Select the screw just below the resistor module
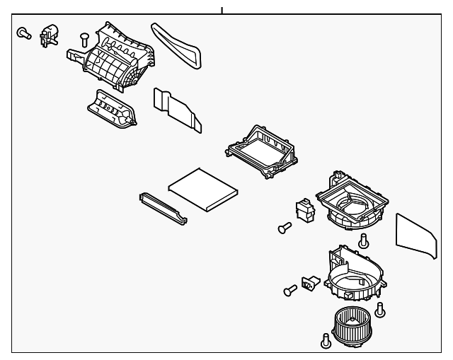point(285,228)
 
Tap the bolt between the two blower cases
point(364,241)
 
